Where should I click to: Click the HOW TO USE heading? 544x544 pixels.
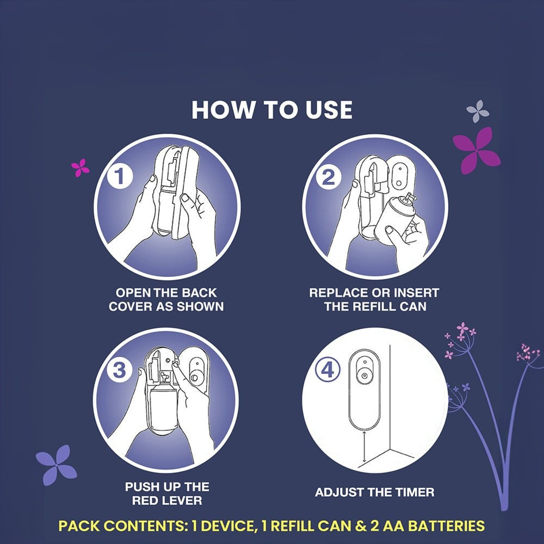[272, 110]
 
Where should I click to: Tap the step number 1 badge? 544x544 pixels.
[120, 176]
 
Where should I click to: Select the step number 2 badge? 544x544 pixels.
[328, 177]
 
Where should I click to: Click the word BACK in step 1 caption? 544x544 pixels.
[199, 293]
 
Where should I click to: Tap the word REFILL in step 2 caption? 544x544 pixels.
[377, 307]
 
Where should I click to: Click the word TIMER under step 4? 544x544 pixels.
[414, 492]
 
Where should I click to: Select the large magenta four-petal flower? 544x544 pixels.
[477, 150]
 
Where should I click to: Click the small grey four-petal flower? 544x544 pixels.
[478, 111]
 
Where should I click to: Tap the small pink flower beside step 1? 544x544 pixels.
[80, 168]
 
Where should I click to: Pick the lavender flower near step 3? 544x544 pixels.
[56, 465]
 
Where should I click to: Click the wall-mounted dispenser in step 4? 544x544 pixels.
[364, 390]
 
